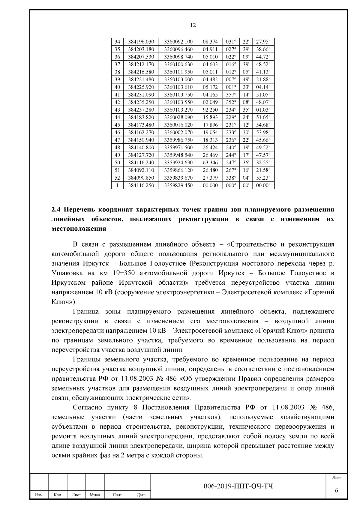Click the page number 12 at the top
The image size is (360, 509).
pos(193,25)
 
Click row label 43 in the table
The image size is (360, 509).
pos(117,110)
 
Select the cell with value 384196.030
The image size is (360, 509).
pos(141,42)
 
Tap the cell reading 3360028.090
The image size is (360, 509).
pos(178,117)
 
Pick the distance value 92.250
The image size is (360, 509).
pos(210,110)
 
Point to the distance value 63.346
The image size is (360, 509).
pos(210,163)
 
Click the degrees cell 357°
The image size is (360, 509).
pos(231,94)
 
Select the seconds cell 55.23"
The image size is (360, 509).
pos(263,178)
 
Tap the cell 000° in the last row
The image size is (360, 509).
pos(231,185)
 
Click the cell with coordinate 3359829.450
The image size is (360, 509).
pos(178,185)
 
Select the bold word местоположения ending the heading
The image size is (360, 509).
pos(79,229)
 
